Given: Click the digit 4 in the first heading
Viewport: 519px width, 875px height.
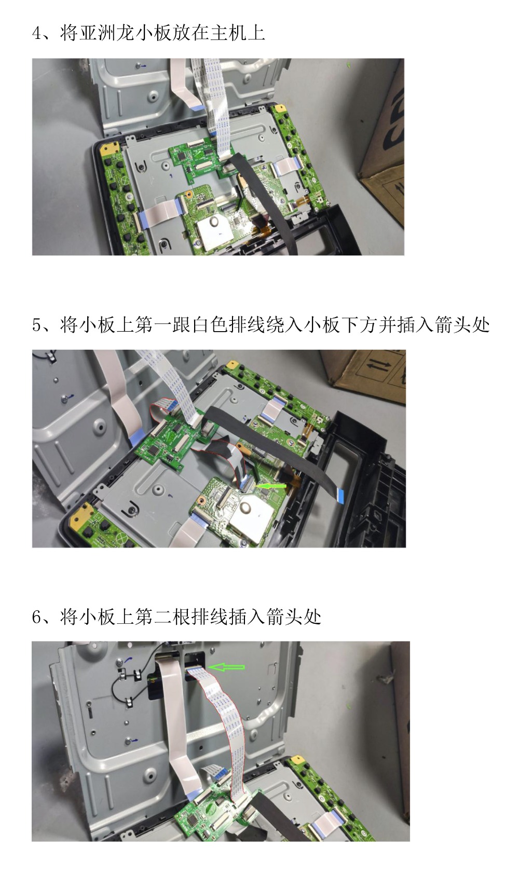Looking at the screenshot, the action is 37,33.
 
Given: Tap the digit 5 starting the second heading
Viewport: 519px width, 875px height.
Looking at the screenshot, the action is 37,325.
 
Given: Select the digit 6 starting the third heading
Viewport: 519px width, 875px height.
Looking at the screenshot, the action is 37,617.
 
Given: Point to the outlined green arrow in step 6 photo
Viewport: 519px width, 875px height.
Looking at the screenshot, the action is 226,667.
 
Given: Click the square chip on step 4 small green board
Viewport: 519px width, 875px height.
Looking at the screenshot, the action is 182,156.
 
